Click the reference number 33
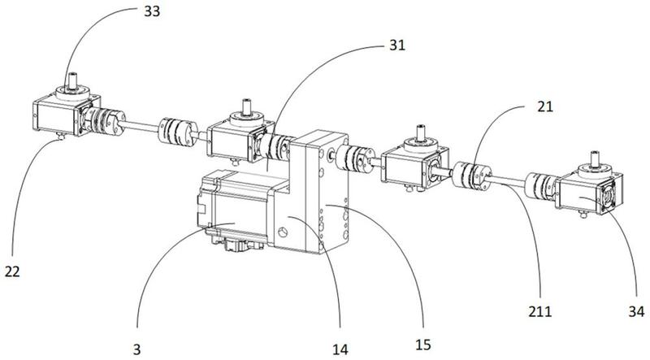click(x=152, y=11)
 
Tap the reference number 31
click(x=396, y=45)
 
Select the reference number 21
click(x=544, y=106)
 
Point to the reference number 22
click(x=12, y=271)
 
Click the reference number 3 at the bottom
click(x=136, y=349)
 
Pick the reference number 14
click(x=340, y=349)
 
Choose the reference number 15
click(x=422, y=344)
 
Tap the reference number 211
click(x=539, y=310)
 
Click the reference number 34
click(x=636, y=310)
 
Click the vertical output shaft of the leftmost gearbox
click(x=73, y=80)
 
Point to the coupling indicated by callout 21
click(x=472, y=176)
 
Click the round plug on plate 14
click(x=283, y=232)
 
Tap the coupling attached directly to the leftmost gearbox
click(x=104, y=121)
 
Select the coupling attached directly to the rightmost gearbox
click(x=540, y=186)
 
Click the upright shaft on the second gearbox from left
click(x=247, y=106)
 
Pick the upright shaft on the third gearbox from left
click(x=421, y=131)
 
